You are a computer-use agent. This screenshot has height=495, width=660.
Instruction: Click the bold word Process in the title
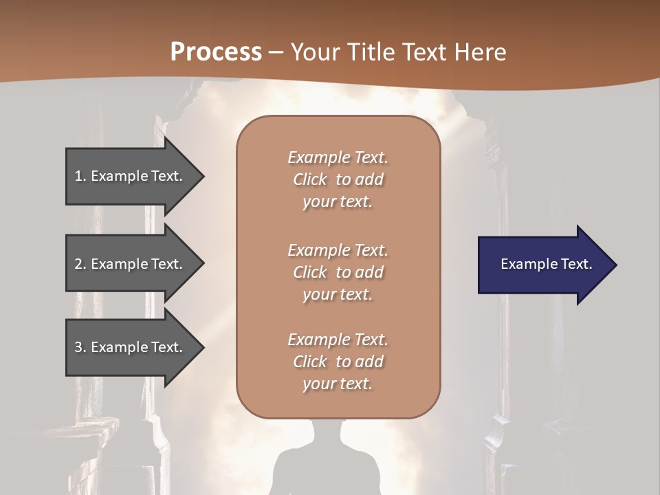coord(216,52)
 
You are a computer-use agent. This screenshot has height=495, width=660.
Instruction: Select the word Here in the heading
coord(480,52)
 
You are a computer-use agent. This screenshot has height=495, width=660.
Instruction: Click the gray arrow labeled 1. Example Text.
coord(131,176)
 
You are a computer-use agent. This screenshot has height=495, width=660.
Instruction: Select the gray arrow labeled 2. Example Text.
coord(131,264)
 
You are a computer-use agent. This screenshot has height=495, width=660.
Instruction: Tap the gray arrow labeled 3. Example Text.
coord(131,347)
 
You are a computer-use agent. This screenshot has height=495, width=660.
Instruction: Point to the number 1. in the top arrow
coord(80,176)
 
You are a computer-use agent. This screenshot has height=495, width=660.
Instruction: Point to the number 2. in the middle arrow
coord(80,264)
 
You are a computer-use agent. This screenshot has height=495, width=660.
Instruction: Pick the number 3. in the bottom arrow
coord(80,347)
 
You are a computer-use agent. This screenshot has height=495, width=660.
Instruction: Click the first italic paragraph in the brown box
coord(338,179)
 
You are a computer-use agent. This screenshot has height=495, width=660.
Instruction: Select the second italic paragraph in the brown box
coord(338,272)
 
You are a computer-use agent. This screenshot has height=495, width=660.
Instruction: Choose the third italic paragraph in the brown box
coord(338,362)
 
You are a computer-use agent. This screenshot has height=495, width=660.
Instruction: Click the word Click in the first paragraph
coord(309,180)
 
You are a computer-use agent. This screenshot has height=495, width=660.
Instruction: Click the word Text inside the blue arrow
coord(577,264)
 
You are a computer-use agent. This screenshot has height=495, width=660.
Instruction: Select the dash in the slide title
coord(276,52)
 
